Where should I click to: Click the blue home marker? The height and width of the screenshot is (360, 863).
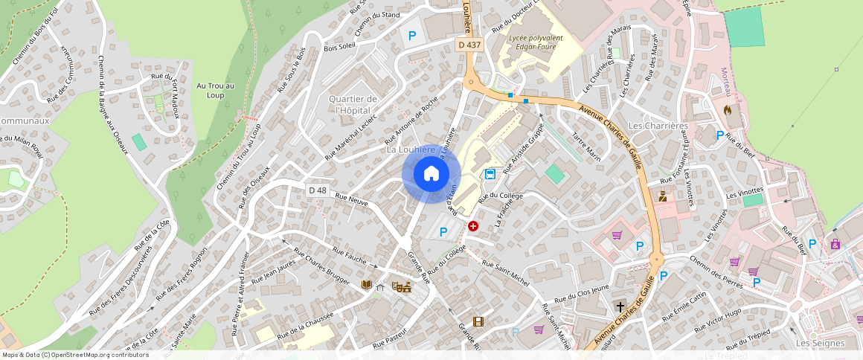click(x=431, y=174)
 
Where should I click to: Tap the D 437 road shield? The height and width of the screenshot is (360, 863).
click(x=469, y=45)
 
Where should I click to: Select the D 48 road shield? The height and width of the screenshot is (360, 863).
click(x=318, y=190)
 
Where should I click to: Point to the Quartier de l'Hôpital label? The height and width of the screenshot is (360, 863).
click(x=353, y=105)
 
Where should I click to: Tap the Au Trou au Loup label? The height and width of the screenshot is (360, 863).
click(x=215, y=90)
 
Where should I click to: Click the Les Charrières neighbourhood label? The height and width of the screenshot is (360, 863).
click(x=658, y=126)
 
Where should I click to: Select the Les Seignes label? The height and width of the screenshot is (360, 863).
click(x=820, y=343)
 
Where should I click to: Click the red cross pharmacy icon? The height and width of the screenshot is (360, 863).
click(x=472, y=225)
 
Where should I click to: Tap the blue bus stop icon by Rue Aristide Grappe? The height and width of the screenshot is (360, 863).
click(x=490, y=174)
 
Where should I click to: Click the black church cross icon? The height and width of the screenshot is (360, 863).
click(x=620, y=306)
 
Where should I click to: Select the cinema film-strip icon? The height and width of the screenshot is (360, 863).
click(x=477, y=322)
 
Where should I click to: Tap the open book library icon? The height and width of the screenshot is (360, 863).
click(x=366, y=285)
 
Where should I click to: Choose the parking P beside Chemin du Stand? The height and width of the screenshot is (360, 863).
click(x=411, y=34)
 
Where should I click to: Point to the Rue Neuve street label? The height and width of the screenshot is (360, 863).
click(x=352, y=199)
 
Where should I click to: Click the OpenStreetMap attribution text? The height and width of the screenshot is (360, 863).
click(x=75, y=355)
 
